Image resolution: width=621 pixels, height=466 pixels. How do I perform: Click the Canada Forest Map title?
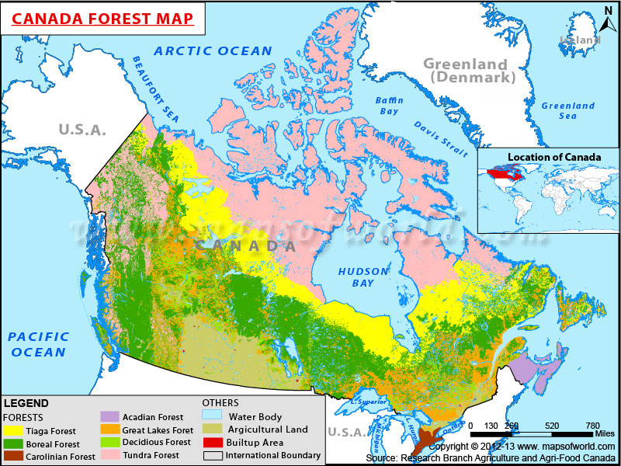click(102, 18)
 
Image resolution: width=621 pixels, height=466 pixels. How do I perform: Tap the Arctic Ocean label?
click(213, 51)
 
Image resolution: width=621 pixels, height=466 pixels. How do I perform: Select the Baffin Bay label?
click(390, 106)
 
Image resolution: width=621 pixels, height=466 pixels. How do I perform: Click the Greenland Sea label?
click(568, 110)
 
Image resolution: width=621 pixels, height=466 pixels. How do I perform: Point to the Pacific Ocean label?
click(38, 344)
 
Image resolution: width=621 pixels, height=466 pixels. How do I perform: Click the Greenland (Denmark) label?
click(465, 71)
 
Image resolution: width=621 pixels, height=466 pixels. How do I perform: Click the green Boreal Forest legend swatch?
click(13, 443)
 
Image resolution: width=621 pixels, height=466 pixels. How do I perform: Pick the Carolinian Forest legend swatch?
click(13, 456)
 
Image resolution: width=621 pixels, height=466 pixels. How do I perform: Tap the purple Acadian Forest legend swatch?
click(110, 417)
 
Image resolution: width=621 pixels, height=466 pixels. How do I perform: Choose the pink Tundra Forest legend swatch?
click(110, 455)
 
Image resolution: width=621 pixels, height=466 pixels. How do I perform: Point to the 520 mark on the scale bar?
click(551, 426)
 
